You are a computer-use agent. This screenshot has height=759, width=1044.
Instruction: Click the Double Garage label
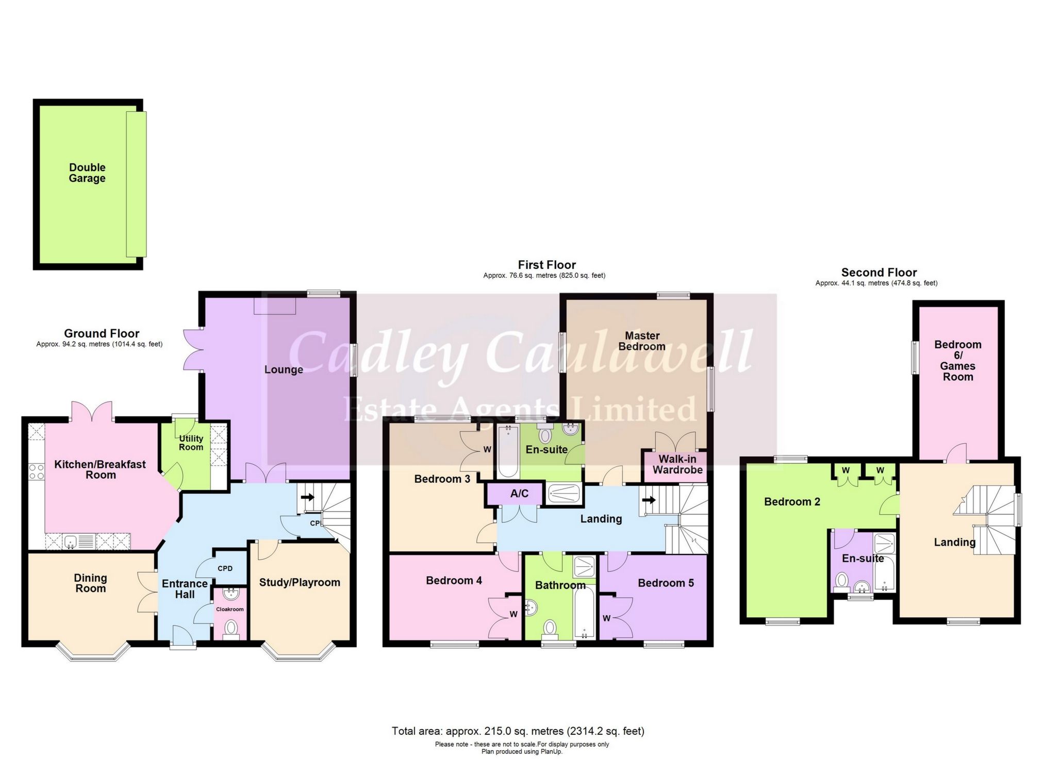pos(87,173)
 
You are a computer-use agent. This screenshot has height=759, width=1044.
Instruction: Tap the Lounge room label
pos(284,369)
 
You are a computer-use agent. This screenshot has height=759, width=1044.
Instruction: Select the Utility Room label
pos(191,443)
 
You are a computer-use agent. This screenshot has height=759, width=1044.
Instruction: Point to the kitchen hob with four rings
pos(36,472)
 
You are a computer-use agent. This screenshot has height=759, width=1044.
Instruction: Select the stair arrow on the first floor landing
pos(649,499)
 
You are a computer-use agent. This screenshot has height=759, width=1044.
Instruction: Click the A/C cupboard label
pos(519,494)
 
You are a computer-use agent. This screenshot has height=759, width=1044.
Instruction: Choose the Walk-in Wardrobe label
pos(677,464)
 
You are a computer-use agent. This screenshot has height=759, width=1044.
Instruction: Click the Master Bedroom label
pos(642,341)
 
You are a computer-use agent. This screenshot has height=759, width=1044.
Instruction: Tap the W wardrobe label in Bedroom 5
pos(606,618)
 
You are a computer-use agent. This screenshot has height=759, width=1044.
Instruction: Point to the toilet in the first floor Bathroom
pos(550,628)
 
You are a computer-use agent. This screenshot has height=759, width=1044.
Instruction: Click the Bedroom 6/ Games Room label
pos(958,361)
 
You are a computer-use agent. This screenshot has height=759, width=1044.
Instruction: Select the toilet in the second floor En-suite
pos(842,581)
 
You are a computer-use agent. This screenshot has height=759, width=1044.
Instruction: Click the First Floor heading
pos(546,265)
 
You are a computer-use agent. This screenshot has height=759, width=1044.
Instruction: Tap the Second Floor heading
pos(879,272)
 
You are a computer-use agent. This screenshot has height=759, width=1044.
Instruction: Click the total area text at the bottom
pos(518,731)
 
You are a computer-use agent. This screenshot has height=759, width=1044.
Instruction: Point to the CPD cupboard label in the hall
pos(225,569)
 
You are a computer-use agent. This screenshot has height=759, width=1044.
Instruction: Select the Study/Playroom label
pos(300,582)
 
